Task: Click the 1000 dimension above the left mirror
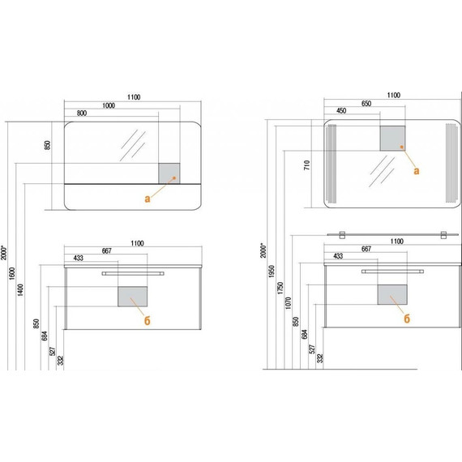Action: [109, 105]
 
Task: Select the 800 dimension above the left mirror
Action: [82, 113]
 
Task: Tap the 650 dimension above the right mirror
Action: [366, 104]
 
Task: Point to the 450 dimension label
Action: [341, 111]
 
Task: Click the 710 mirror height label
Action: [307, 165]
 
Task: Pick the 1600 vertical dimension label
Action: [12, 273]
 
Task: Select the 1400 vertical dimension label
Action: [20, 289]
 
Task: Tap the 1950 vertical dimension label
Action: [272, 272]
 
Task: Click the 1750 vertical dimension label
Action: [280, 288]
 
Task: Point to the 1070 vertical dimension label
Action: [289, 303]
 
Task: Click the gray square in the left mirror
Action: [169, 173]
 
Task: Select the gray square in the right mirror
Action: [392, 138]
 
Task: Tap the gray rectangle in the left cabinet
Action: [133, 297]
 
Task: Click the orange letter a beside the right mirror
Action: [417, 171]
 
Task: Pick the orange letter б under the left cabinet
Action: [147, 321]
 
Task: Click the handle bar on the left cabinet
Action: [133, 273]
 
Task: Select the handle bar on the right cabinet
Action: [392, 272]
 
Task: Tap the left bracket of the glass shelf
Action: [342, 235]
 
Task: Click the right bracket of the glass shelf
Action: [443, 235]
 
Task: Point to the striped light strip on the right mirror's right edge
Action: [451, 163]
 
